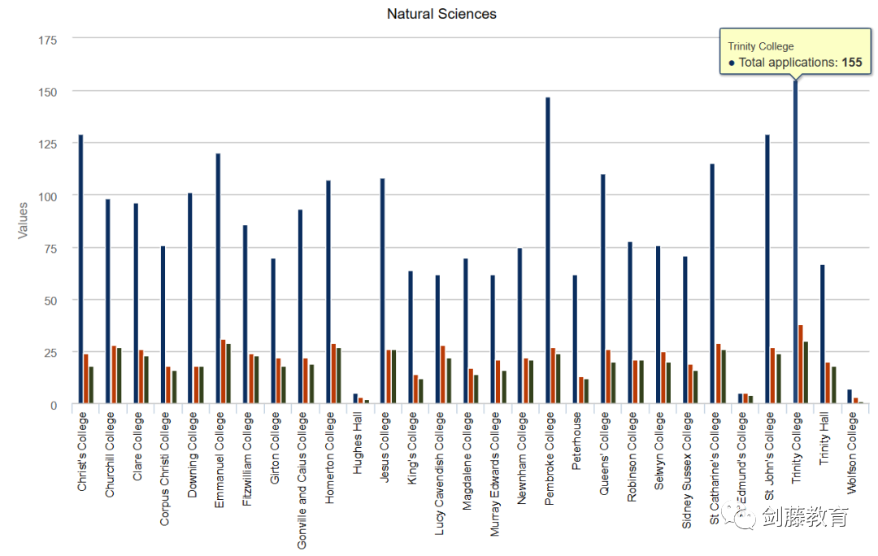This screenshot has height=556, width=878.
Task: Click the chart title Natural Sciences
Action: coord(441,14)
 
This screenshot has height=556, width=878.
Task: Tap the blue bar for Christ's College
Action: coord(80,268)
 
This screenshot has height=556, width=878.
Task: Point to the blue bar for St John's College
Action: coord(767,268)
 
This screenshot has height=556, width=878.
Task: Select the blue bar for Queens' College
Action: coord(602,289)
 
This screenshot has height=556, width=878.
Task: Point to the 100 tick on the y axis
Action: coord(49,196)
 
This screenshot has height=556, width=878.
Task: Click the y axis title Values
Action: coord(23,220)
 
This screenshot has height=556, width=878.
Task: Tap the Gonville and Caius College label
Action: coord(302,480)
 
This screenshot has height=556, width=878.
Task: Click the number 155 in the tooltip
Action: coord(852,63)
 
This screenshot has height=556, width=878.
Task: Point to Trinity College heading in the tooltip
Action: coord(761,46)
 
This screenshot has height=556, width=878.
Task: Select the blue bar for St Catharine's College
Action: coord(712,284)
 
